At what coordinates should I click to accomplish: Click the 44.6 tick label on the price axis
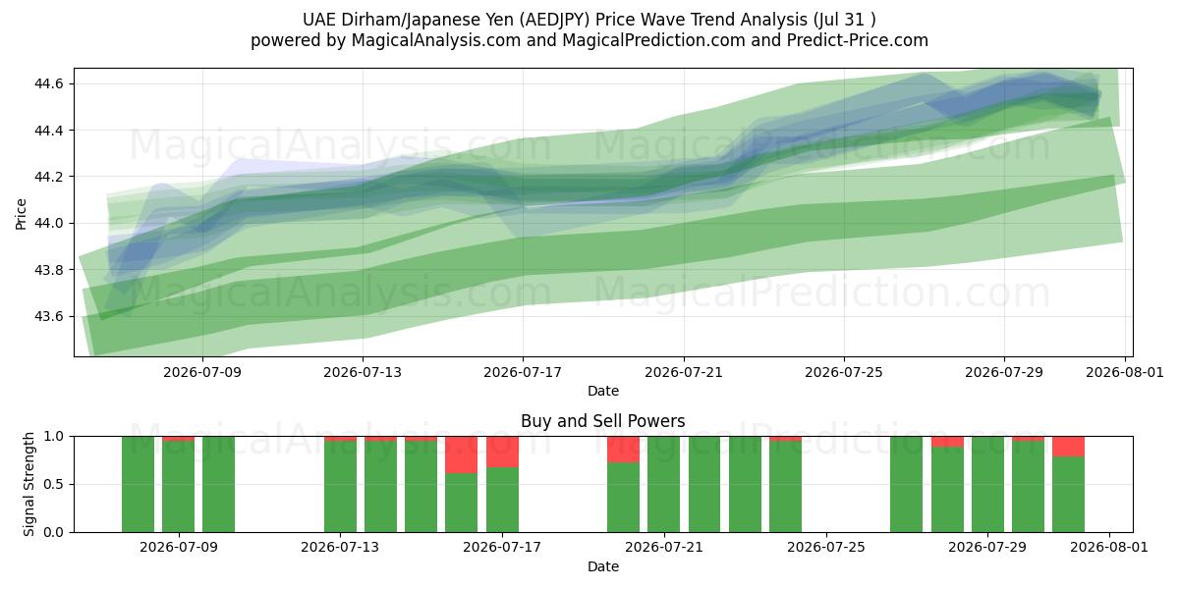(x=48, y=84)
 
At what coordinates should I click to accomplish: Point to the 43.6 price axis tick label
(x=48, y=316)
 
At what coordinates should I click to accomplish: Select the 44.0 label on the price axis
(x=48, y=224)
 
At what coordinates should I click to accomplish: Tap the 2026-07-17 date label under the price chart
(x=523, y=372)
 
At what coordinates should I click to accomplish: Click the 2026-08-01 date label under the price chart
(x=1125, y=372)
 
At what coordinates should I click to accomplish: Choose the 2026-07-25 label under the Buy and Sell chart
(x=826, y=547)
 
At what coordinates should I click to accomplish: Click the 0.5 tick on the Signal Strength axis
(x=53, y=484)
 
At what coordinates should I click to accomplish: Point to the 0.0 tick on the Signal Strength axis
(x=53, y=532)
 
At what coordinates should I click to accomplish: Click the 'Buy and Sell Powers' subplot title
(x=602, y=421)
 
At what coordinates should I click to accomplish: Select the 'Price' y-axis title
(x=21, y=214)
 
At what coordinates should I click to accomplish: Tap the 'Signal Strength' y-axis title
(x=28, y=484)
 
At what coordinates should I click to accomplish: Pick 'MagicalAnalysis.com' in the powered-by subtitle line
(x=436, y=40)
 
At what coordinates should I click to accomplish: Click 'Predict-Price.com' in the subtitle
(x=858, y=40)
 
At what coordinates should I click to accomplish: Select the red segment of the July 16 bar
(x=462, y=455)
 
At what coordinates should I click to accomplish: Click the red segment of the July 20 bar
(x=623, y=450)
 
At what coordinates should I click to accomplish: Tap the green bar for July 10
(x=218, y=484)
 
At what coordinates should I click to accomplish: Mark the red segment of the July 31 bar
(x=1069, y=447)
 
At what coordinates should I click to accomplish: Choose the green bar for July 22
(x=704, y=484)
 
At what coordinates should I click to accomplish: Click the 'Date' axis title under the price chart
(x=602, y=391)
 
